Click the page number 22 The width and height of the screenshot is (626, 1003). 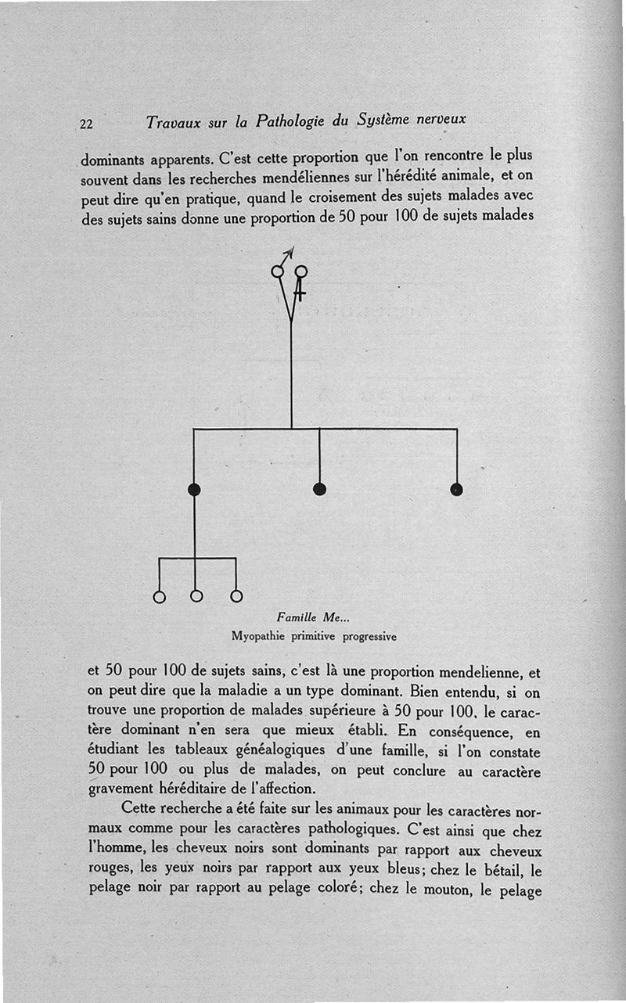86,123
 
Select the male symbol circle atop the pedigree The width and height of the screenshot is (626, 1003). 277,271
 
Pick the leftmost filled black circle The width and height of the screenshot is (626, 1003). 194,490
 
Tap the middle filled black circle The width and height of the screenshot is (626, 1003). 319,489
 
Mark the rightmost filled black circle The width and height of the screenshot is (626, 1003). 457,490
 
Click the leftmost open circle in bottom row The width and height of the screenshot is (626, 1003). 160,597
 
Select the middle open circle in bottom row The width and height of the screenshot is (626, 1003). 196,596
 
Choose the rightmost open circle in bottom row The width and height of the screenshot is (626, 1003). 236,596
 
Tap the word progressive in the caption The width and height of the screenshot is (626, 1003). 367,636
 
